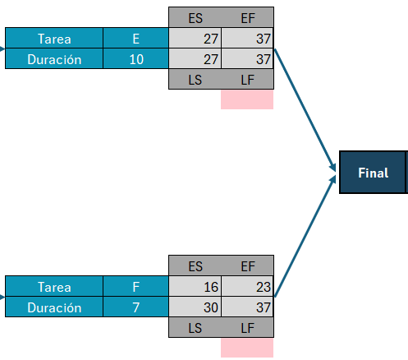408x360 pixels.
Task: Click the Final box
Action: click(x=374, y=173)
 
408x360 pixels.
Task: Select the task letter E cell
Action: click(x=136, y=38)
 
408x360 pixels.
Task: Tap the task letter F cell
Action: click(x=136, y=286)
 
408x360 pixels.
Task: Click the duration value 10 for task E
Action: click(x=136, y=58)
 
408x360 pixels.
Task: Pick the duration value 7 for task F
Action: click(x=136, y=307)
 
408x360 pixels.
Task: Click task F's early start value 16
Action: click(x=211, y=287)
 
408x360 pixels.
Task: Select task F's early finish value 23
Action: click(x=264, y=287)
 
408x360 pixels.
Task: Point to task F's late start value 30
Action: click(x=211, y=307)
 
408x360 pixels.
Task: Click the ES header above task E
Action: click(x=195, y=18)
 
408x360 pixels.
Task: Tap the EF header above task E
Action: click(x=248, y=18)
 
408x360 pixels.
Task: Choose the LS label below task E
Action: click(x=195, y=80)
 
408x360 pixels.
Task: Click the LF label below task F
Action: click(x=248, y=328)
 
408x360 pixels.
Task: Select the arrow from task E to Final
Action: click(x=305, y=110)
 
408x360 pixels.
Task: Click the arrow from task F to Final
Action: click(x=305, y=236)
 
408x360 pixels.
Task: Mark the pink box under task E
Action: click(x=247, y=99)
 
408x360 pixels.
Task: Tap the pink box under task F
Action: click(x=247, y=348)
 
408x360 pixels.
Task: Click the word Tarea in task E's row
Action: click(x=54, y=39)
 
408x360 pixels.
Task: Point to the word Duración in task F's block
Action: click(x=54, y=307)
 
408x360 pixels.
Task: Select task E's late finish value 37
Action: click(x=264, y=59)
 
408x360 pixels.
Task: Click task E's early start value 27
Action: click(x=211, y=39)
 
